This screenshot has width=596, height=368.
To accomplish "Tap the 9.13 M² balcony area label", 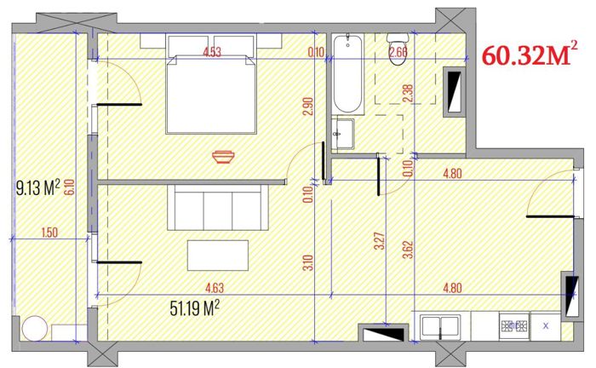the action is (38, 187).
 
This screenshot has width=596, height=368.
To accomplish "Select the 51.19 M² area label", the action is (195, 308).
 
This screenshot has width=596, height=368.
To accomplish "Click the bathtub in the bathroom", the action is (347, 73).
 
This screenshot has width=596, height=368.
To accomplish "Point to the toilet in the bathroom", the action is (398, 49).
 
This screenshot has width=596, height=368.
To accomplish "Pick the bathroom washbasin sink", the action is (343, 134).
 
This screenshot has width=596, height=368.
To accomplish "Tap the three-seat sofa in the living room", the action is (218, 207).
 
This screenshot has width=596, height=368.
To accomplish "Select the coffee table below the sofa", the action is (218, 255).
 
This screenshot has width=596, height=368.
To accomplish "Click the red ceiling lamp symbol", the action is (223, 157).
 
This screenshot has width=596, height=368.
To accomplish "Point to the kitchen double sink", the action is (440, 326).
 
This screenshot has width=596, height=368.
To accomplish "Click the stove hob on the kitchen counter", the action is (514, 326).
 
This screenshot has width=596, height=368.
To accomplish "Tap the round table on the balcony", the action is (35, 329).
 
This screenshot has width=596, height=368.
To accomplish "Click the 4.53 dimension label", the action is (212, 52).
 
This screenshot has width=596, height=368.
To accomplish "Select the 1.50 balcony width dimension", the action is (49, 233).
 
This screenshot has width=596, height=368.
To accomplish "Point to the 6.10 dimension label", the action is (70, 187).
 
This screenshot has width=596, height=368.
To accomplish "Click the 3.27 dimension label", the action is (380, 241).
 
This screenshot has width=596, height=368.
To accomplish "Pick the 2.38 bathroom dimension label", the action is (407, 93).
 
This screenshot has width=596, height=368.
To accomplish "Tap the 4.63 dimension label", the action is (215, 288).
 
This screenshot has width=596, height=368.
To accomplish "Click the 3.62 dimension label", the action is (408, 250).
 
